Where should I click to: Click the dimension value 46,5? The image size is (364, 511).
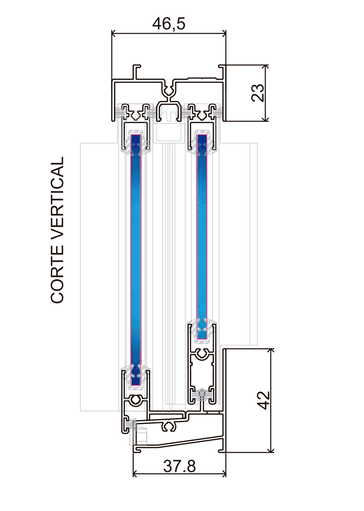(x=169, y=24)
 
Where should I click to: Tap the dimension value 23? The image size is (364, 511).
(x=258, y=93)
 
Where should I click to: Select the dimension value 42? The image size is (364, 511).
(x=263, y=400)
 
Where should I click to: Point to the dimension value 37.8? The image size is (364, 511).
(x=179, y=466)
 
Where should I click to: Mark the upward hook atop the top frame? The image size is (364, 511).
(x=136, y=71)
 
